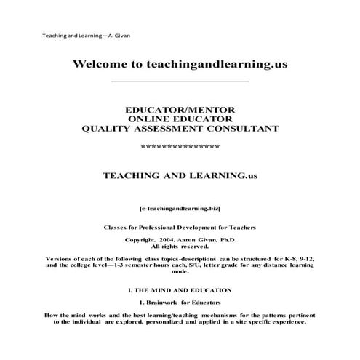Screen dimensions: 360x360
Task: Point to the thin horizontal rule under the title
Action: pyautogui.click(x=179, y=81)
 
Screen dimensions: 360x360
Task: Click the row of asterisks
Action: pyautogui.click(x=179, y=147)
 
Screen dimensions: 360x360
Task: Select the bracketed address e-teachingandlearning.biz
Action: pyautogui.click(x=179, y=207)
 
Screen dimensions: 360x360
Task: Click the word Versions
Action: pyautogui.click(x=60, y=259)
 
